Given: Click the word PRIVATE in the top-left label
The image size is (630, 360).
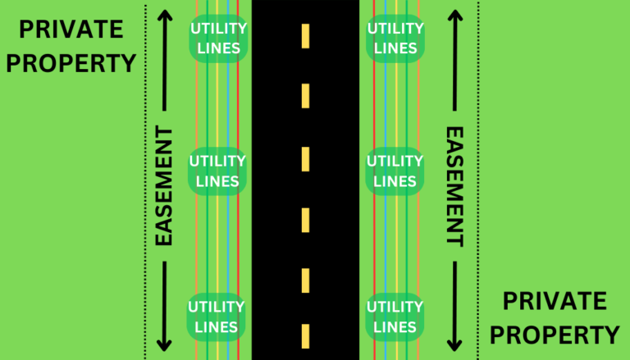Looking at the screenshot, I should pyautogui.click(x=71, y=30).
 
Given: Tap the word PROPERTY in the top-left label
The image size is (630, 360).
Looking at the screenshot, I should pyautogui.click(x=71, y=62).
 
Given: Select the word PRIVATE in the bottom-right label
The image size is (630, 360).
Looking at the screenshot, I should pyautogui.click(x=555, y=302).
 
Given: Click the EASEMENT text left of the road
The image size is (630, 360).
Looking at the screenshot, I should pyautogui.click(x=164, y=186).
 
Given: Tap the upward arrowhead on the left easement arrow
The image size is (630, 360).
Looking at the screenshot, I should pyautogui.click(x=164, y=15).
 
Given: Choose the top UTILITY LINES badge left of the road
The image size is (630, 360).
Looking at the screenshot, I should pyautogui.click(x=217, y=39).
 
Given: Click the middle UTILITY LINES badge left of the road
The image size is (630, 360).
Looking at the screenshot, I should pyautogui.click(x=217, y=171).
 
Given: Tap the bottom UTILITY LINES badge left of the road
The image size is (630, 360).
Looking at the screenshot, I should pyautogui.click(x=217, y=317).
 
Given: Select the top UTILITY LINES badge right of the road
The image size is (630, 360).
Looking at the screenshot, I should pyautogui.click(x=395, y=39).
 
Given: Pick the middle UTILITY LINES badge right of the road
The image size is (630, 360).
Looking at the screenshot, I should pyautogui.click(x=395, y=171).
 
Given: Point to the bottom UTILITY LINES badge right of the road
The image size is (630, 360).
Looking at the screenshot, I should pyautogui.click(x=395, y=317).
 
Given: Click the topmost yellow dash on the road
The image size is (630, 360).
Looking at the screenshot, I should pyautogui.click(x=305, y=35).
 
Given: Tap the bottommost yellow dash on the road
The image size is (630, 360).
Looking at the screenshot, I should pyautogui.click(x=305, y=336).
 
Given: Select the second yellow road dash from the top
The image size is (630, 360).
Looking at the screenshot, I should pyautogui.click(x=305, y=96).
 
